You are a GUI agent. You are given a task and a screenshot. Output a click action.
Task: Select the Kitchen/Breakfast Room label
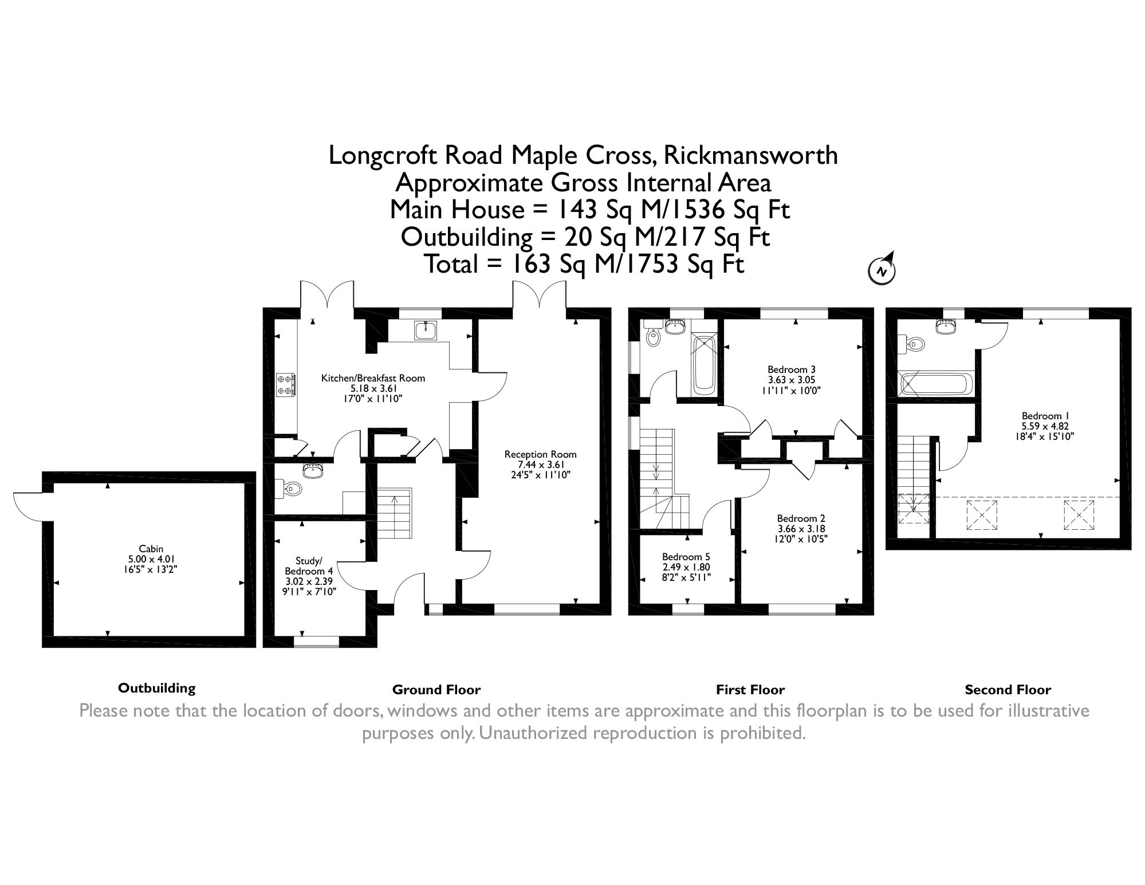tap(373, 378)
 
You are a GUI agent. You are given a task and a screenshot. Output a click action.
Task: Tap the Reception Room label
tap(540, 454)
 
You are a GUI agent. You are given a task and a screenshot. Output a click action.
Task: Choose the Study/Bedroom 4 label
tap(309, 565)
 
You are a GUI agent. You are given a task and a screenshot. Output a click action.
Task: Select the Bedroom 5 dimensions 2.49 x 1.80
tap(686, 567)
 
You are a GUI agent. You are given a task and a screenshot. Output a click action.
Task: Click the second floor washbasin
tap(945, 327)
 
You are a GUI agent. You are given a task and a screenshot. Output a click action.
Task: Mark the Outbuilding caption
tap(156, 688)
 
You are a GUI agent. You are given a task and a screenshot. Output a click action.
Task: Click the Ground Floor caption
tap(436, 690)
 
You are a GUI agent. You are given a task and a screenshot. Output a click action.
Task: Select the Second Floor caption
tap(1008, 690)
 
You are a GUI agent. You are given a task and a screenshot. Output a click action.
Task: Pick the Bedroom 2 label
tap(793, 519)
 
